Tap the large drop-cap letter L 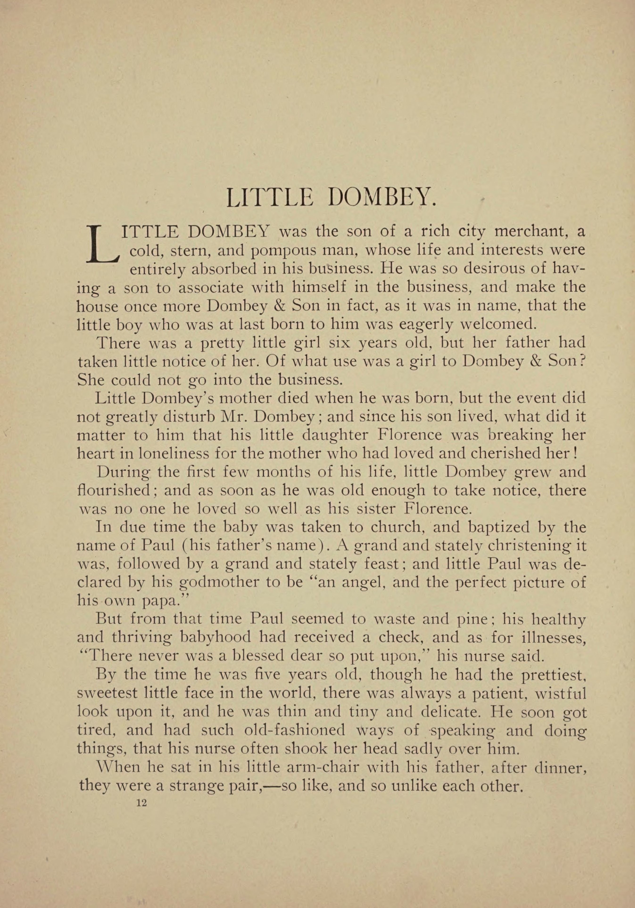[102, 244]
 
